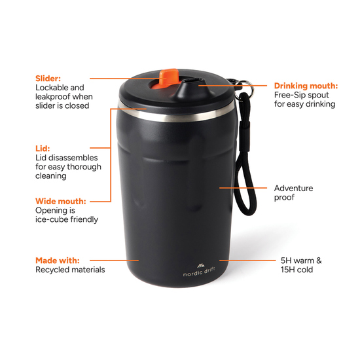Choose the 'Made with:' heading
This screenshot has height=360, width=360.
tap(57, 260)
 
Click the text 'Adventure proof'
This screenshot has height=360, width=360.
tap(293, 192)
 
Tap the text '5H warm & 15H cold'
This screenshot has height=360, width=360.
tap(300, 264)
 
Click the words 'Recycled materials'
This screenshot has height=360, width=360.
tap(69, 270)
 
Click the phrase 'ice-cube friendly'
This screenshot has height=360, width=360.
tap(66, 219)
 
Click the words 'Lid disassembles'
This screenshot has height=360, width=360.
tap(66, 158)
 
